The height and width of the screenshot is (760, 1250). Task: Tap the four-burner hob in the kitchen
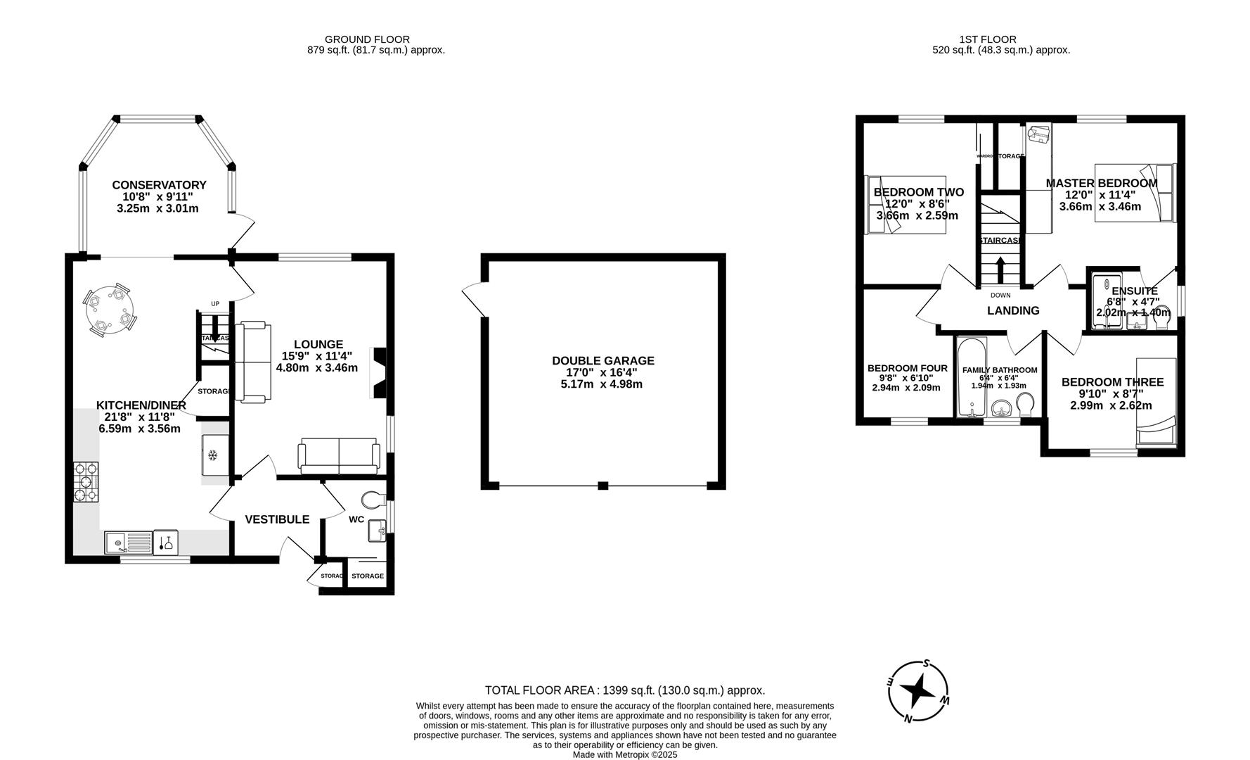86,481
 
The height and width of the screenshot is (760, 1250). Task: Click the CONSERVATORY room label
159,185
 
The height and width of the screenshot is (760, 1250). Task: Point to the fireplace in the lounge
378,373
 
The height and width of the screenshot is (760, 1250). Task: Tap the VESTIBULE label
277,519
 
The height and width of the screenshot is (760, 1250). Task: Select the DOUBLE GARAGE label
603,360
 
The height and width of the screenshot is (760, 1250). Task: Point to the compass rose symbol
918,692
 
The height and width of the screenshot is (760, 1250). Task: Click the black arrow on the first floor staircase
999,270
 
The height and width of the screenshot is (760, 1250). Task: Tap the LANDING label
1012,310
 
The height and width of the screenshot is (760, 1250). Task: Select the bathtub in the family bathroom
972,378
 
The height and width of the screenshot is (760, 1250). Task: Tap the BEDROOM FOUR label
907,368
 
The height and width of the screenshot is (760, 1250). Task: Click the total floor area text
624,690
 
